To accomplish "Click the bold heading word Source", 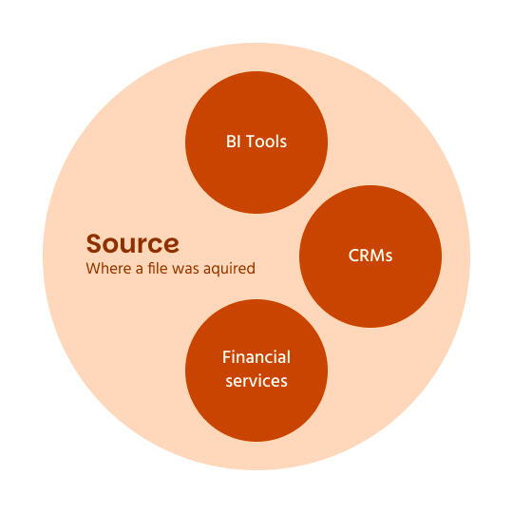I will pos(132,243).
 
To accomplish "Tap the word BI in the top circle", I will pos(232,142).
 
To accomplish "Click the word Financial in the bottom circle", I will pos(256,358).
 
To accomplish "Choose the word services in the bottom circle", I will pos(256,381).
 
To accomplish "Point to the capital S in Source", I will pos(94,243).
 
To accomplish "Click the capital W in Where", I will pos(92,269).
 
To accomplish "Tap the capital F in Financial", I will pos(226,358).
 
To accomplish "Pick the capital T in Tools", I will pos(249,142).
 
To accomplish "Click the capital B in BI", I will pos(230,142).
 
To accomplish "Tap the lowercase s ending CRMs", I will pos(389,257).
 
